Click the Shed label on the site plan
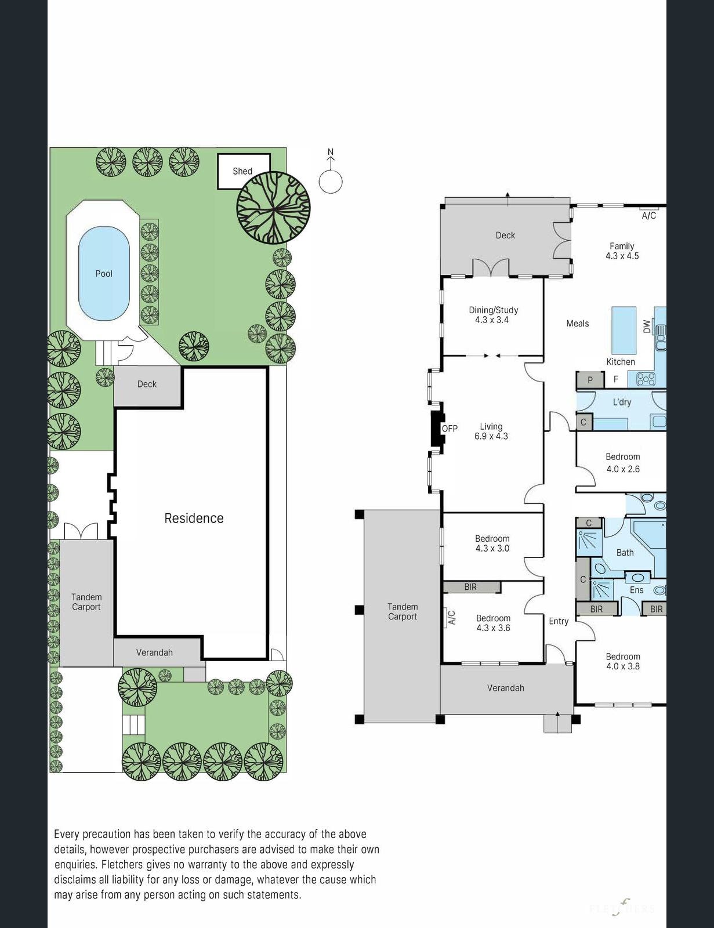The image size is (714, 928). point(242,171)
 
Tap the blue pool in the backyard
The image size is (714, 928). point(104,273)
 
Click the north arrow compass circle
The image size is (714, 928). point(331,182)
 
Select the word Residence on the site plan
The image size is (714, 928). point(194,518)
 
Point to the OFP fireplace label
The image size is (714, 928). point(450,428)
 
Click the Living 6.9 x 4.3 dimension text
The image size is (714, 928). point(491,436)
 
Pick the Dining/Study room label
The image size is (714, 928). point(493,310)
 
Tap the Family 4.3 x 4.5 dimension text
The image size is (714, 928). point(622,256)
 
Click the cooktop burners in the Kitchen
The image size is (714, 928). point(646,379)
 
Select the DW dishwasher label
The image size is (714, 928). point(647,327)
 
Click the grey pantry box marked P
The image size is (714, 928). point(590,380)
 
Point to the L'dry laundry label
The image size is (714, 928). point(622,402)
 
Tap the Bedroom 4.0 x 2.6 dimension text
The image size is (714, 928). point(623,469)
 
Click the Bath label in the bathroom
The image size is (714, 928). point(625,553)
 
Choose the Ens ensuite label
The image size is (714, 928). point(636,590)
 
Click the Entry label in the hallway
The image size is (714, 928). point(559,621)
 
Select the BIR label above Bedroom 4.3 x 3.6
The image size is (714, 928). point(470,587)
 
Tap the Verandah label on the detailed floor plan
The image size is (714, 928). point(506,688)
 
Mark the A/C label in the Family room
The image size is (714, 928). point(648,216)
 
